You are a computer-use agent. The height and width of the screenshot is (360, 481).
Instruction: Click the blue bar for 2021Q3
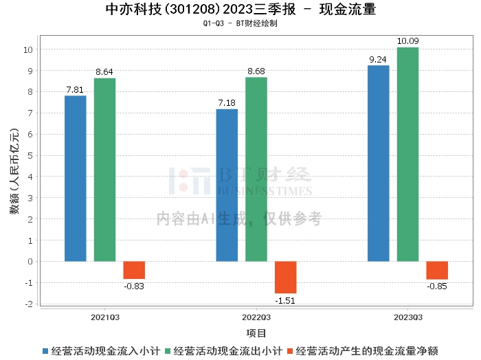pos(76,179)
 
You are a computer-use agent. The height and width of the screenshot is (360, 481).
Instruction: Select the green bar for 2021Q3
pos(105,170)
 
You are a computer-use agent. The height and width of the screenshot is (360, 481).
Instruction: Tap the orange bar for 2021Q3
pos(134,270)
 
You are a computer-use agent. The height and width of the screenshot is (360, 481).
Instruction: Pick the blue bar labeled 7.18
pos(227,185)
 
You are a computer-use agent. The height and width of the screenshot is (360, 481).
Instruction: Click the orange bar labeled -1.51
pos(286,277)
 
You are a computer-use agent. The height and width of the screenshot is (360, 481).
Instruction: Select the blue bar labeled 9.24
pos(379,164)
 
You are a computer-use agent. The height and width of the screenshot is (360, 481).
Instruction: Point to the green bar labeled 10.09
pos(408,155)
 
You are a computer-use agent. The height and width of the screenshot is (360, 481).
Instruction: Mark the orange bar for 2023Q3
pos(437,270)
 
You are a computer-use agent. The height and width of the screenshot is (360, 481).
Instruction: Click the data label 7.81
pos(76,89)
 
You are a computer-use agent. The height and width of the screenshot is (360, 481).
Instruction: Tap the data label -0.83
pos(134,286)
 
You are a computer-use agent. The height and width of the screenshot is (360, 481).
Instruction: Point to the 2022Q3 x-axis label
pos(256,317)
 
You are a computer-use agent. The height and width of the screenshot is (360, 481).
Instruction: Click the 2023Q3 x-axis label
pos(408,317)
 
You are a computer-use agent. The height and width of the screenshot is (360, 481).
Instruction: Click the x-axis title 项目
pos(256,333)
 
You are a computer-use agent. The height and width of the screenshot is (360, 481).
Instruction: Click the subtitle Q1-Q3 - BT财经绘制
pos(240,23)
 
